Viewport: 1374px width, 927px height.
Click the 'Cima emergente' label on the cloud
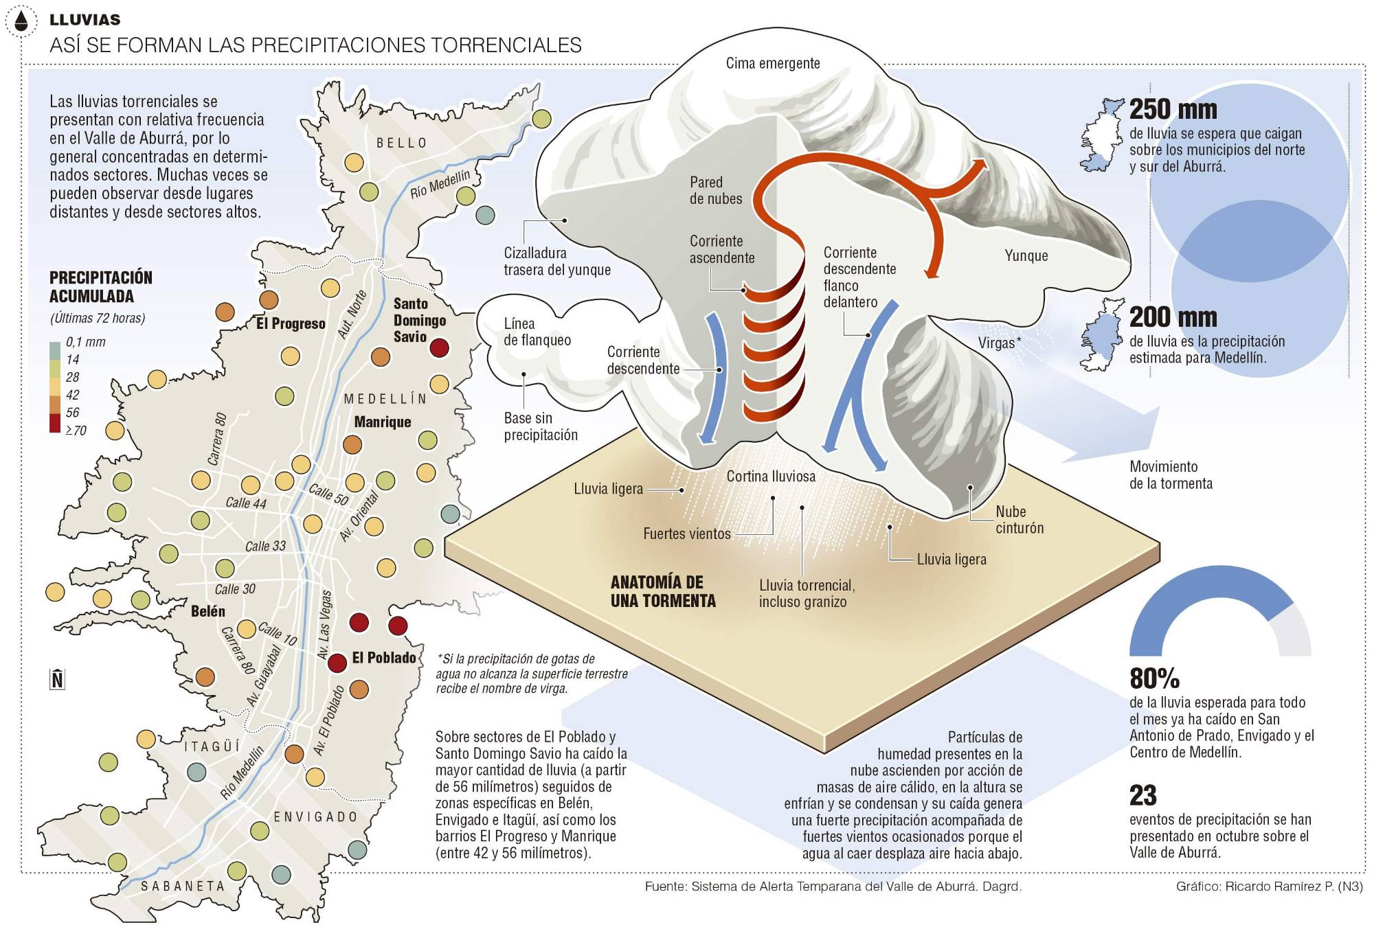773,63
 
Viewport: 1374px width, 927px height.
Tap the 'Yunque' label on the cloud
1026,255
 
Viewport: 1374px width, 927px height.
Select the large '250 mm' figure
1173,109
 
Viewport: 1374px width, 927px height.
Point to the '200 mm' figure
1173,317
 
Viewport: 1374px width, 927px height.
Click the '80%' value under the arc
1154,678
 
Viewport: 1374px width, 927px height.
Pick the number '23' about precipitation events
1143,795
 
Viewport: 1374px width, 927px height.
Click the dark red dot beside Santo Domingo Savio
439,347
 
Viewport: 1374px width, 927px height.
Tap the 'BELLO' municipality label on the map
402,143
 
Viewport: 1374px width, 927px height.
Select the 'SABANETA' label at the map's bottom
183,886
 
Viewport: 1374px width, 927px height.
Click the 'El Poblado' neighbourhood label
383,658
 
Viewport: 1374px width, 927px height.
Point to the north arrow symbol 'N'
57,679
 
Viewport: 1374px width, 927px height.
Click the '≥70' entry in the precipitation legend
76,431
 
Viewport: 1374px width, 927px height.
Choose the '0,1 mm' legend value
85,342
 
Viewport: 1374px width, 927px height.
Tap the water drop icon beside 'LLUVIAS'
24,21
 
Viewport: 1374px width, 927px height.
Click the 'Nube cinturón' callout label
1020,520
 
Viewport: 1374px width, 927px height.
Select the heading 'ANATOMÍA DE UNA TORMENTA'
662,591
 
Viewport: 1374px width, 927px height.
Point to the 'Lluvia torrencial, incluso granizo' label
807,593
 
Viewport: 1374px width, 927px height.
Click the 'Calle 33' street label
265,547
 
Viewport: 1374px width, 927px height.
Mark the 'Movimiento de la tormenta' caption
1171,475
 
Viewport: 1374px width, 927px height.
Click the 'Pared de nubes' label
715,190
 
